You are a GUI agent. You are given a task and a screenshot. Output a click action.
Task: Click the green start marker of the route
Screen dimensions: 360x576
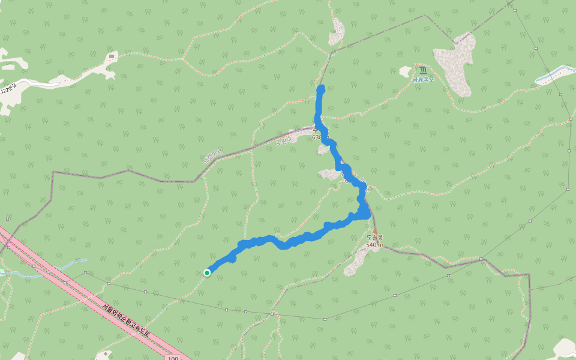(207, 273)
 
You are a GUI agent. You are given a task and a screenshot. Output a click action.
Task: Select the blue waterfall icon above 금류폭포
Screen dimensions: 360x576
(423, 70)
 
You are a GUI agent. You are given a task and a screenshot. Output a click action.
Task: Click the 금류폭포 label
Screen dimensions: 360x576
(423, 79)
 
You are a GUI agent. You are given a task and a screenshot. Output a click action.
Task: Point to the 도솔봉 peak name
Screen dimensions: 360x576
(375, 238)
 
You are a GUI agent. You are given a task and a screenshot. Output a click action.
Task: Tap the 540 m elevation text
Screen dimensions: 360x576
(375, 245)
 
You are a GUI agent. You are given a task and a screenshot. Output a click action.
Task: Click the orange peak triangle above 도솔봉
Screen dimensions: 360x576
(376, 230)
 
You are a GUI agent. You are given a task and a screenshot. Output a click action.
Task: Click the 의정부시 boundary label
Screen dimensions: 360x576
(212, 156)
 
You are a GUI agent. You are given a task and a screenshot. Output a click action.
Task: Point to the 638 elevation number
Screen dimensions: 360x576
(317, 137)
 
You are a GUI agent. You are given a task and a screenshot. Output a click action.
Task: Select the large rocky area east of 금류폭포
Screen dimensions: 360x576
(455, 63)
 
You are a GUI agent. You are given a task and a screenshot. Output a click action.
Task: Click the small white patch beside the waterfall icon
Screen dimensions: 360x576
(406, 72)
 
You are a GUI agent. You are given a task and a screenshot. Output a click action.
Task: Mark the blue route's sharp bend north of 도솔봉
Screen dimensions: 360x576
(365, 213)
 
